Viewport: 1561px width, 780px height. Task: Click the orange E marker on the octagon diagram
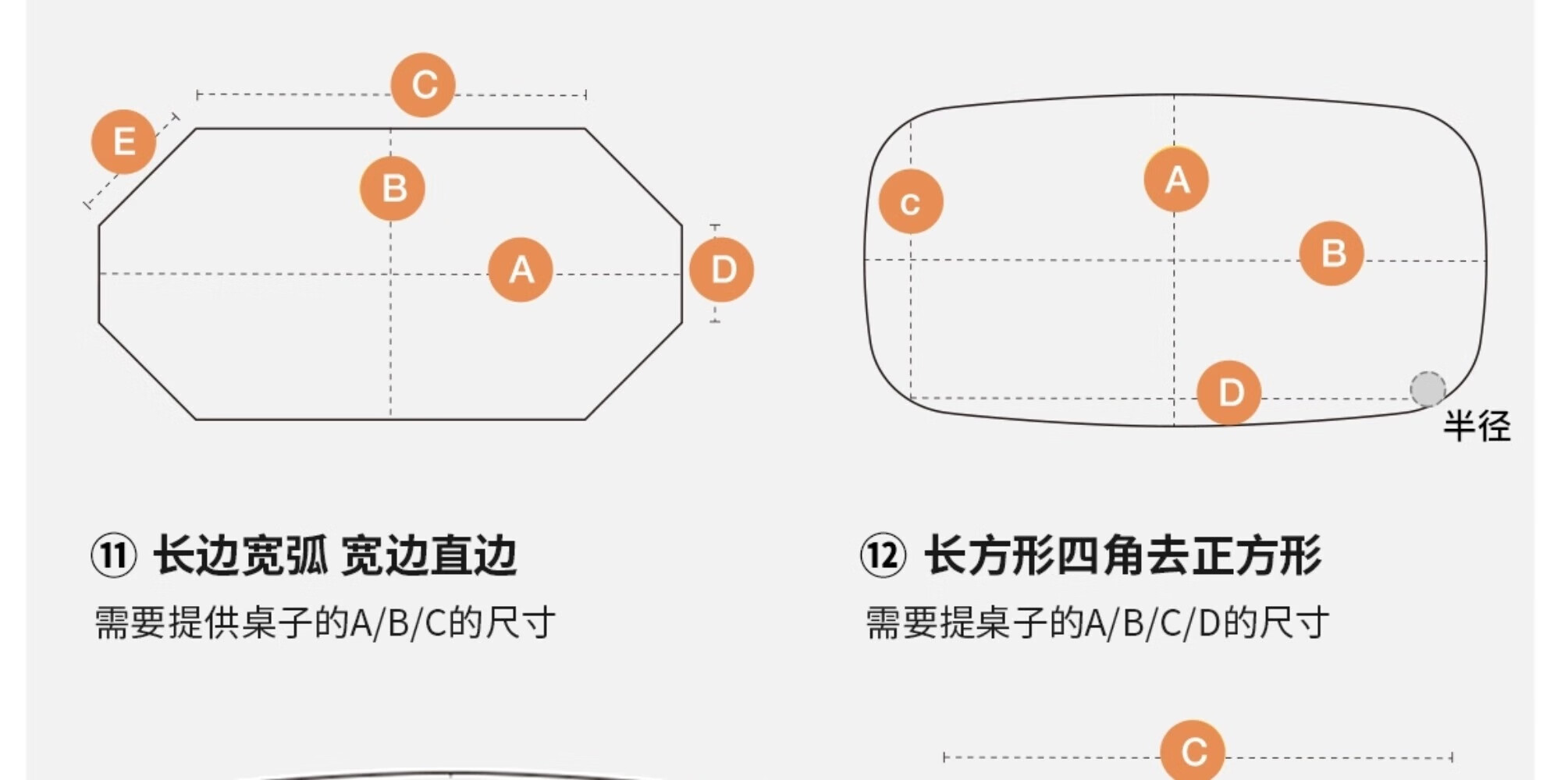[x=123, y=142]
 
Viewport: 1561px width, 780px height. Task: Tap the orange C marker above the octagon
[x=423, y=85]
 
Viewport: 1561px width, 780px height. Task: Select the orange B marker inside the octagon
[x=393, y=188]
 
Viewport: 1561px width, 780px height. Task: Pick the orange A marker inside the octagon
[x=521, y=270]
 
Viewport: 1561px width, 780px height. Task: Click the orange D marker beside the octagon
[x=722, y=270]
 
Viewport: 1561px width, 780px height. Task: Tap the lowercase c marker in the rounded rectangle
[x=911, y=202]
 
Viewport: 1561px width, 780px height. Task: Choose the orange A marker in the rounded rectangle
[x=1176, y=179]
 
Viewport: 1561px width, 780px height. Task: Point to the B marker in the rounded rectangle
[x=1332, y=253]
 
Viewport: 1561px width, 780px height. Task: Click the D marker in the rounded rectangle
[x=1229, y=392]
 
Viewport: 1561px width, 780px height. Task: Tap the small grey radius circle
[x=1428, y=389]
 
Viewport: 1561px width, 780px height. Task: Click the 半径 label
[x=1476, y=426]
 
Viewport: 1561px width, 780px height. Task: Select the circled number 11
[x=114, y=555]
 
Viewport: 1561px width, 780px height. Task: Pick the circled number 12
[x=884, y=555]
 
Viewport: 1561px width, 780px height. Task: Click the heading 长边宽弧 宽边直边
[x=336, y=555]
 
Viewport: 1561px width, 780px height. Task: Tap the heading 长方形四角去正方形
[x=1122, y=555]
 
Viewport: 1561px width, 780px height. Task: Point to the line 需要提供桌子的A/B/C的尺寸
[x=325, y=622]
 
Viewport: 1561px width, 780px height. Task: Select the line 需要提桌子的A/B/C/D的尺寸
[x=1097, y=622]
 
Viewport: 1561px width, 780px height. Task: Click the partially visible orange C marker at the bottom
[x=1193, y=751]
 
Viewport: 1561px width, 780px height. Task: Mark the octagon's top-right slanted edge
[x=634, y=177]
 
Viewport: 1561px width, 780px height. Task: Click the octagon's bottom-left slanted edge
[x=147, y=370]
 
